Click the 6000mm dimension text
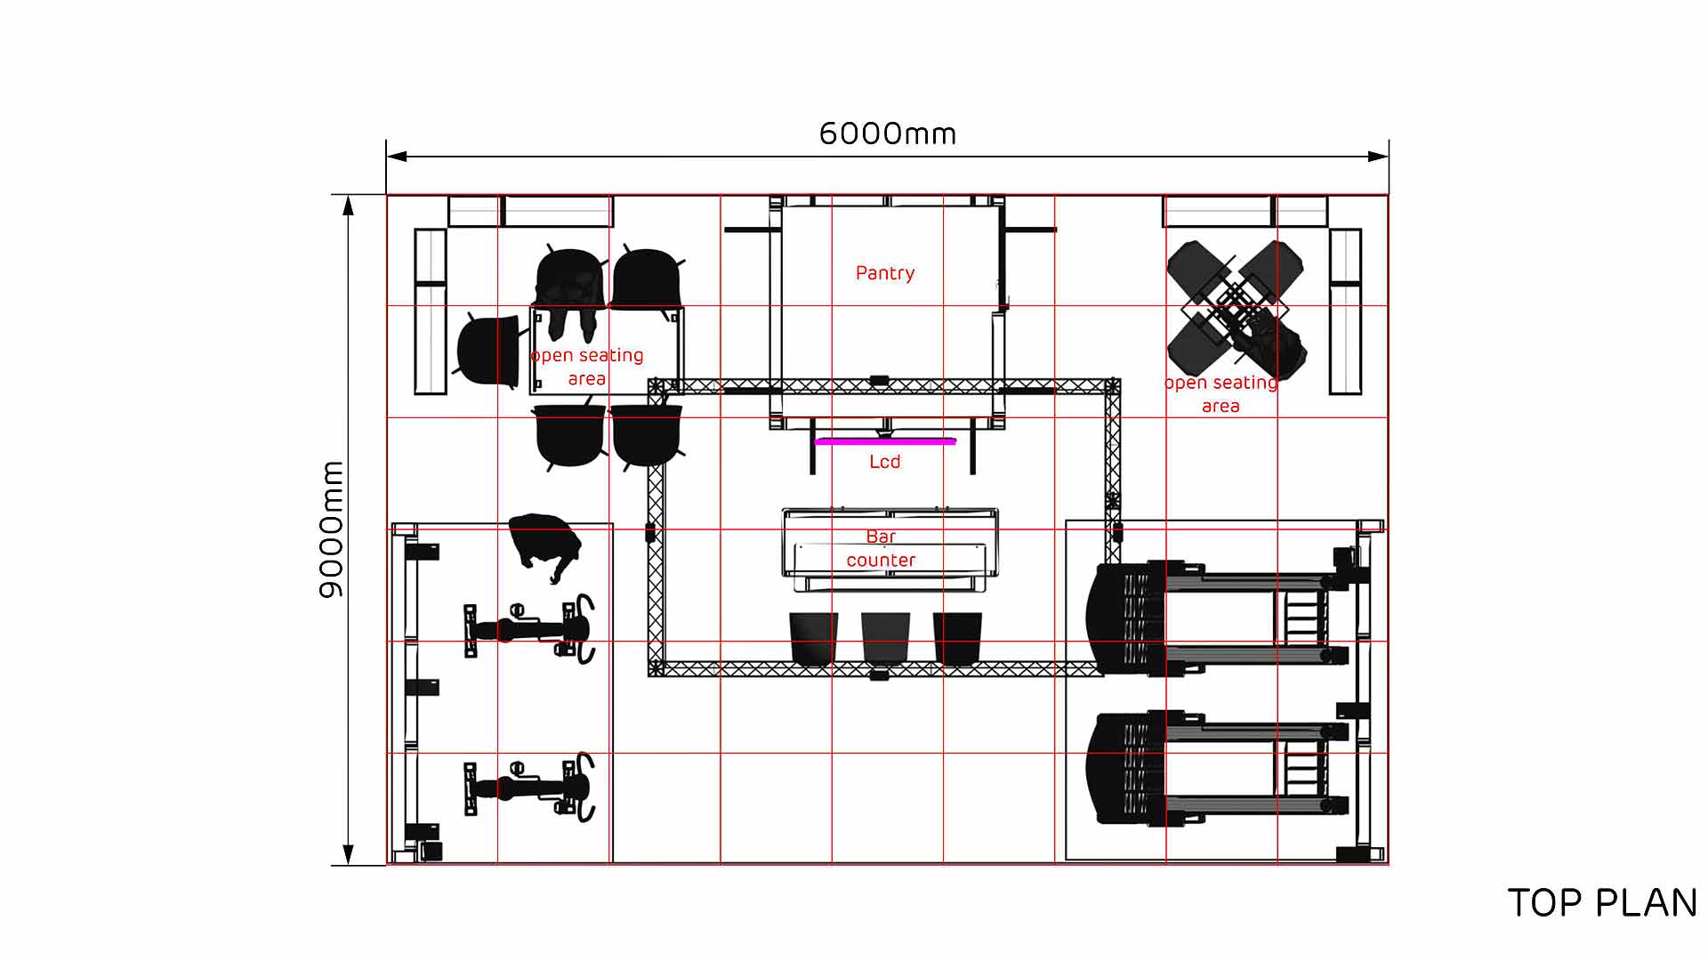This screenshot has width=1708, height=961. click(x=887, y=134)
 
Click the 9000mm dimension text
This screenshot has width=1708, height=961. click(x=331, y=529)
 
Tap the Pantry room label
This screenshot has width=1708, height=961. click(x=885, y=273)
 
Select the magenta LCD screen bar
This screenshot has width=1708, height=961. click(x=885, y=440)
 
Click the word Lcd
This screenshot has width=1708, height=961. click(x=885, y=462)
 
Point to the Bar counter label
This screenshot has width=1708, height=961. click(x=881, y=548)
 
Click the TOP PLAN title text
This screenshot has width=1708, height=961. click(x=1602, y=903)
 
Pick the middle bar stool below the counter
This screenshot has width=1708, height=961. click(x=886, y=639)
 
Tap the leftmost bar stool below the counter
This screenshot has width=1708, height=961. click(x=814, y=639)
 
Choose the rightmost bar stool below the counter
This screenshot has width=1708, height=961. click(x=957, y=639)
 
